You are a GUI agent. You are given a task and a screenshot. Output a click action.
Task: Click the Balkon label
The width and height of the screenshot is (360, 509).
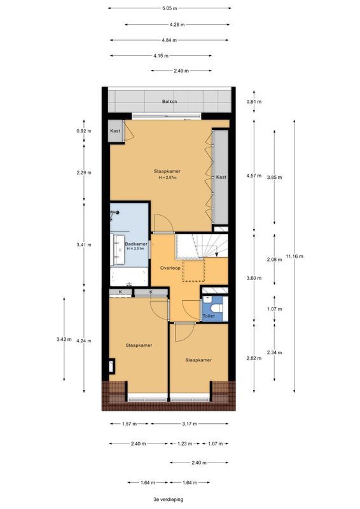point(169,102)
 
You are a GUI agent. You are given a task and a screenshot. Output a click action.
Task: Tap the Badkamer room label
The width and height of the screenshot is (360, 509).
point(136,244)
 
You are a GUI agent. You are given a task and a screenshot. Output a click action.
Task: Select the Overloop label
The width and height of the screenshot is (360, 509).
point(170,268)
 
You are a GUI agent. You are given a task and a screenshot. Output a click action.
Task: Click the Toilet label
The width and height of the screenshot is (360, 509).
point(209,316)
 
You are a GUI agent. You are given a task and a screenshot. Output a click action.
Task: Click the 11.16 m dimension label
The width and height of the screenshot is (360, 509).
point(294,256)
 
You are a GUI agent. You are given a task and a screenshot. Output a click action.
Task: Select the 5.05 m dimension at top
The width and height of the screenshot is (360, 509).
point(170,8)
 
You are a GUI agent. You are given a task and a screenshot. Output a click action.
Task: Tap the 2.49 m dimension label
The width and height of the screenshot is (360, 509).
point(181,71)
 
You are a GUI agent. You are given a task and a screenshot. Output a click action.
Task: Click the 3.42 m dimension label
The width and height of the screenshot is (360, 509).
point(64,339)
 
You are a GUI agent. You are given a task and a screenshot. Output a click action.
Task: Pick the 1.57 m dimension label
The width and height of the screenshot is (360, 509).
point(130,424)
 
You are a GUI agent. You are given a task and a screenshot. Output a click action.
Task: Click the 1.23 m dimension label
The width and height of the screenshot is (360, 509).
point(184,443)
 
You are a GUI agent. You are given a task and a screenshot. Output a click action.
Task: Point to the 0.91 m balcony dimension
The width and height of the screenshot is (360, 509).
point(254,102)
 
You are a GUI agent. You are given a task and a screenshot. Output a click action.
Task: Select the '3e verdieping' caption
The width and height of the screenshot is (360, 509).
point(169,499)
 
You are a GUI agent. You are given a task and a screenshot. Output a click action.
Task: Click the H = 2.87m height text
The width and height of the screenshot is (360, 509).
point(167,178)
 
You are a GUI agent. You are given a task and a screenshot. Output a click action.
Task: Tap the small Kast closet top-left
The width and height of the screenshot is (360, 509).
point(115,131)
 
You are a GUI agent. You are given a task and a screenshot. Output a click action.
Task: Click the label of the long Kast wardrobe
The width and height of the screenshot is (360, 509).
point(221,178)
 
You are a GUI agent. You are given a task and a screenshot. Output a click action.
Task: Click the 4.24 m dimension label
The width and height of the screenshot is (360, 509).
point(84,341)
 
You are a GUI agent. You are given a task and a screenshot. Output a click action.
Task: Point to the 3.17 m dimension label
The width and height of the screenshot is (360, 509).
point(190,424)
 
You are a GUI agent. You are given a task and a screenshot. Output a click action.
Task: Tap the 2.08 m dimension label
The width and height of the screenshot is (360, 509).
point(274,260)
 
